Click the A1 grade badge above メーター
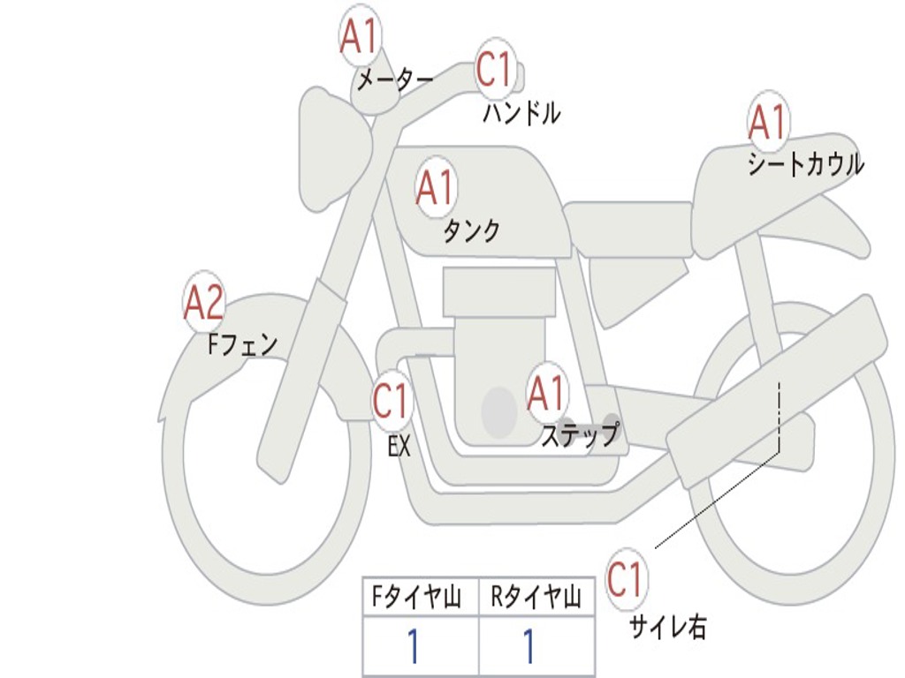359,37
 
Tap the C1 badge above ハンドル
495,69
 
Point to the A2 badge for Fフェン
204,303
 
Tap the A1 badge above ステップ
546,393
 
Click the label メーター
394,81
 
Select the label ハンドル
522,113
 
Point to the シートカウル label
805,165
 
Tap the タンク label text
471,231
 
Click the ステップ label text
580,435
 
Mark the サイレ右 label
667,627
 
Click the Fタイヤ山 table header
419,599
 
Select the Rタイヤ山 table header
536,599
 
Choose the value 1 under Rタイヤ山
529,647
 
